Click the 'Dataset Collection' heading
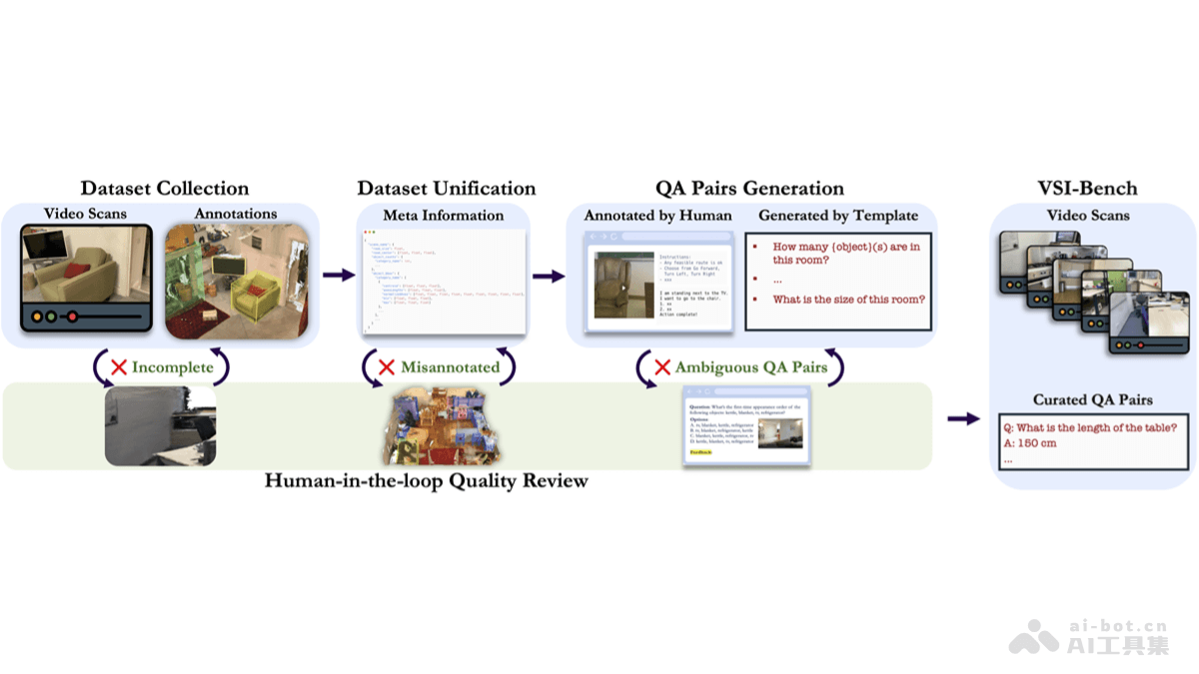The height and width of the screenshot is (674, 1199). click(165, 189)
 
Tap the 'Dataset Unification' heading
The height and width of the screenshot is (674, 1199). click(447, 189)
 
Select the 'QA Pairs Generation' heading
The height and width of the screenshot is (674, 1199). click(749, 189)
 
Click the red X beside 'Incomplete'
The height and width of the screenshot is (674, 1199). click(119, 367)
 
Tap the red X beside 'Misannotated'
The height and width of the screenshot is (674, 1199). click(386, 367)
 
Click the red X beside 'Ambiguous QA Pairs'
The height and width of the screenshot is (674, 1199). click(661, 367)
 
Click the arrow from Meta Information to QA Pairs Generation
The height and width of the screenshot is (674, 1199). click(548, 276)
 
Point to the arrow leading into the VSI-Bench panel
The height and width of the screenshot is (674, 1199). click(963, 418)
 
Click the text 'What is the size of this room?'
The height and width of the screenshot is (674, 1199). click(849, 300)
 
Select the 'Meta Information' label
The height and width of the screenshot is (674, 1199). click(444, 215)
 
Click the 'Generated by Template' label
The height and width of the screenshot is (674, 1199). click(837, 215)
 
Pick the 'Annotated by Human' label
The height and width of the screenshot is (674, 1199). click(657, 215)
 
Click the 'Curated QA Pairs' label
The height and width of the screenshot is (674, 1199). click(1093, 399)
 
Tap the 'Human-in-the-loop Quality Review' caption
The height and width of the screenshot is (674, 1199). click(427, 481)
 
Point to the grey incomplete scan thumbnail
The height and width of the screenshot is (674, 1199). click(160, 426)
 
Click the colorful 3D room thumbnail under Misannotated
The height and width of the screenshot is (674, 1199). click(441, 426)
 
